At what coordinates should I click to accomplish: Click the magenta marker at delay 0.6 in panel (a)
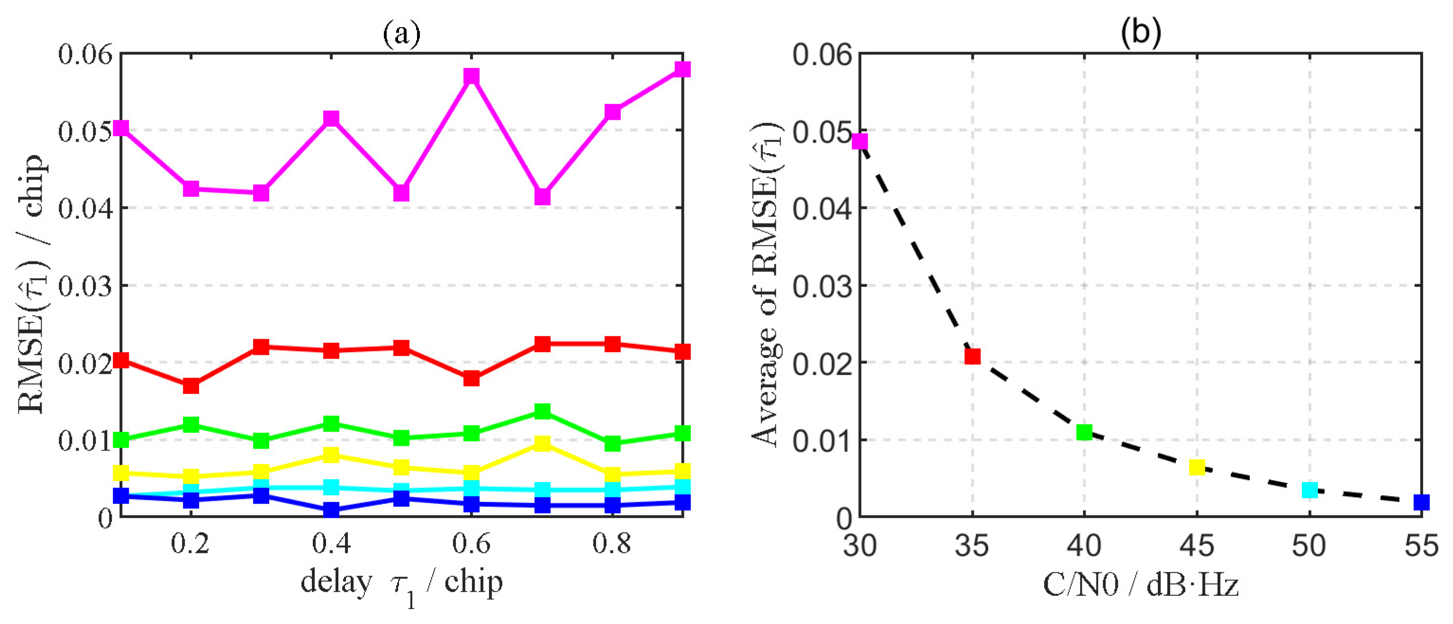472,76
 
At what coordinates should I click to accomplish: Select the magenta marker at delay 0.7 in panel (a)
542,197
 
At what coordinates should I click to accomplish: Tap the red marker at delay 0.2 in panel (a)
191,386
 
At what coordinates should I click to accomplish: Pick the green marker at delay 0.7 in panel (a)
542,411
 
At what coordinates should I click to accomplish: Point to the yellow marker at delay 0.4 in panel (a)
331,454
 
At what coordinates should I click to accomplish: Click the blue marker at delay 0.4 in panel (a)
331,509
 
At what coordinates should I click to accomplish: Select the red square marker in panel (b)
972,356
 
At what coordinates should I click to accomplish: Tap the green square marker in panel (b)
1084,433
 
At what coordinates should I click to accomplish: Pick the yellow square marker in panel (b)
1197,467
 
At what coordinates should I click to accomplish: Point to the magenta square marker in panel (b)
860,141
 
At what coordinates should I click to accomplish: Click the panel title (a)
401,34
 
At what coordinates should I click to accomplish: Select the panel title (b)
1141,33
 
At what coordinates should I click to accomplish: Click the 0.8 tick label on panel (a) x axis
611,543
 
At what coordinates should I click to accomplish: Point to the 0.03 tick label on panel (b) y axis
821,286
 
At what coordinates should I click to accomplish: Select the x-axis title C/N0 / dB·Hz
1141,585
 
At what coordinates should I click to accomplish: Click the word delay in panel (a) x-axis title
336,582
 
